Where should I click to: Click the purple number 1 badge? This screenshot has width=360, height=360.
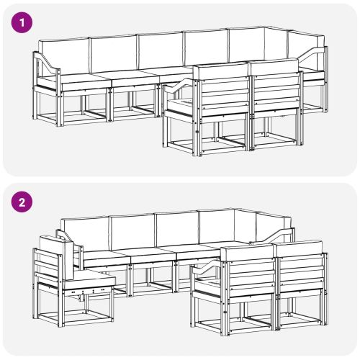click(x=24, y=22)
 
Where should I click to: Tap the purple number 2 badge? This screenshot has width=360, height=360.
click(x=24, y=202)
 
